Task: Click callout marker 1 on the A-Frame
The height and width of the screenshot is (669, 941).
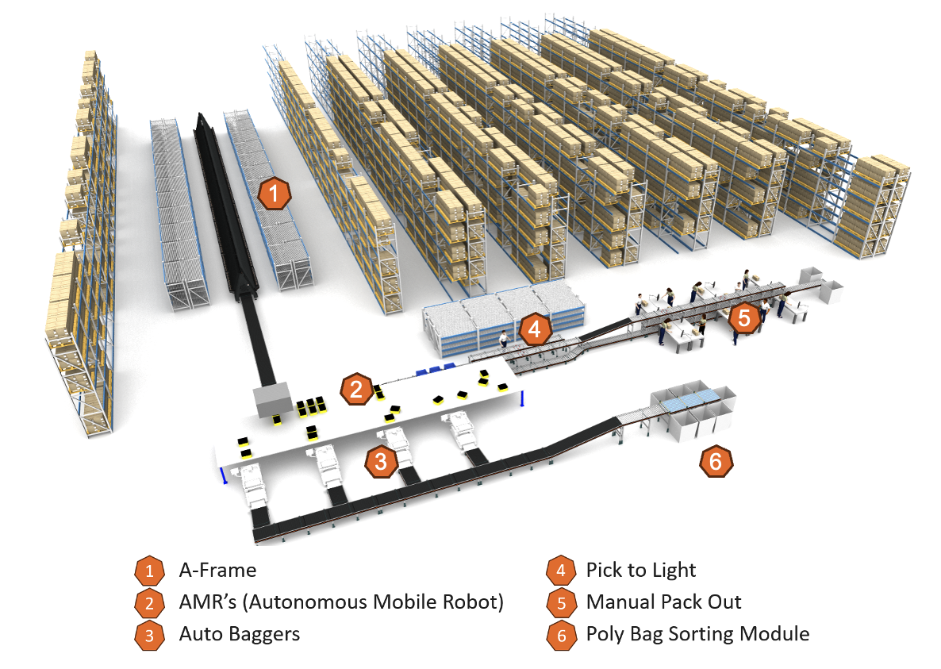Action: (x=272, y=194)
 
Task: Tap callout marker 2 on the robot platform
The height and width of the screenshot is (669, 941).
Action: (x=356, y=389)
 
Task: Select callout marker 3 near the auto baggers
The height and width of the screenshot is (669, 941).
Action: (x=381, y=462)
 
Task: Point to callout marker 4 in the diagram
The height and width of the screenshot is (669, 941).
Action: (x=534, y=329)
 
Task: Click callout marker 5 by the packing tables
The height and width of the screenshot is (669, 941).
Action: (x=743, y=318)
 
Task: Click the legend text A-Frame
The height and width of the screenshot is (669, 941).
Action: (x=217, y=570)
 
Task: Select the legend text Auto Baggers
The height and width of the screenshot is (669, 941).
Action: (x=239, y=634)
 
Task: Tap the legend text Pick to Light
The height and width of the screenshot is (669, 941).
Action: (x=640, y=570)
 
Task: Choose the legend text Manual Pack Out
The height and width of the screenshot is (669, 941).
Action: (x=663, y=602)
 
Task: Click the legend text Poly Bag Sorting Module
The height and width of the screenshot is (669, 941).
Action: (x=697, y=634)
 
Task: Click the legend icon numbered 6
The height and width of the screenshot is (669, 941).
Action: (x=561, y=635)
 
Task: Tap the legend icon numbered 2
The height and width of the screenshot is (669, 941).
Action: (x=148, y=603)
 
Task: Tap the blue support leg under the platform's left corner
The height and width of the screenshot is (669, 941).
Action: (x=225, y=477)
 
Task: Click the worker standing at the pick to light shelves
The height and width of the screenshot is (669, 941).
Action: (x=503, y=340)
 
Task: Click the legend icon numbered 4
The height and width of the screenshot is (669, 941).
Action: (x=561, y=571)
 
